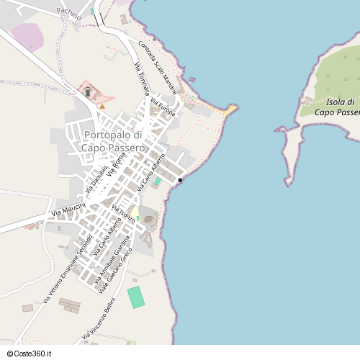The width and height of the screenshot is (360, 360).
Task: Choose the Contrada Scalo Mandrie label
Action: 158,68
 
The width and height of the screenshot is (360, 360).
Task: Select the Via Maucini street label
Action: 68,210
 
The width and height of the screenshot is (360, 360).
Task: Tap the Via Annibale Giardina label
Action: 114,258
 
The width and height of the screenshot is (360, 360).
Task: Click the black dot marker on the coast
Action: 180,180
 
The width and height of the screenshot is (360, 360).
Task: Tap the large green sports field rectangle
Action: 136,297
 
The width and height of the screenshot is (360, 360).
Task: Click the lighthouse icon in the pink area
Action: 88,91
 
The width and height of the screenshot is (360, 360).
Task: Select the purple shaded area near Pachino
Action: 27,37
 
